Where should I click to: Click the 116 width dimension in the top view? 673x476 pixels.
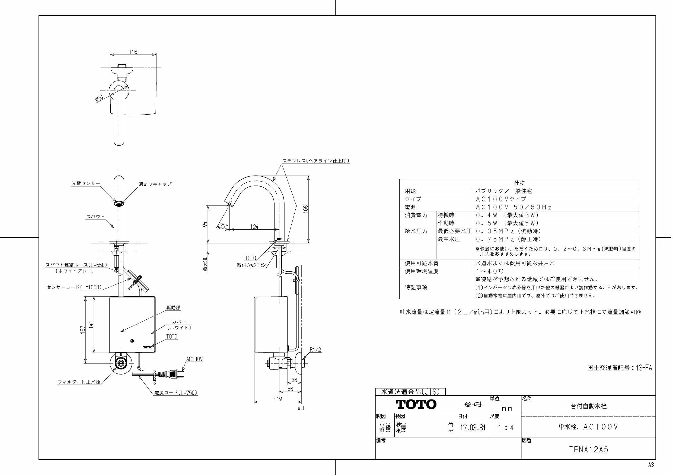point(133,52)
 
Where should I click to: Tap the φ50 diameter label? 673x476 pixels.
point(99,98)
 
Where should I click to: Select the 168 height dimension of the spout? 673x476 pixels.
point(306,209)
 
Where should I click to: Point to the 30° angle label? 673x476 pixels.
point(223,226)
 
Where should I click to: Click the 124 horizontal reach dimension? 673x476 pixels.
point(254,227)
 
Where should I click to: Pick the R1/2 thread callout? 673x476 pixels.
point(315,350)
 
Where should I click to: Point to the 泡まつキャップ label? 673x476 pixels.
point(155,184)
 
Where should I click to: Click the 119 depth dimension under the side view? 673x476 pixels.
point(278,399)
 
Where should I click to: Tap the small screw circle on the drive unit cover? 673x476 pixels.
point(132,341)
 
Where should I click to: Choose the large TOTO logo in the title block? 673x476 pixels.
point(416,404)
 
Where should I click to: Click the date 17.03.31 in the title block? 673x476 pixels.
point(473,428)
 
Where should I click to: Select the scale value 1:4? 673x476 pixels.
point(506,428)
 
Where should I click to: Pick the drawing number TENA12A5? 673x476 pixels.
point(589,450)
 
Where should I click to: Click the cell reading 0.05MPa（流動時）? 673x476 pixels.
point(508,231)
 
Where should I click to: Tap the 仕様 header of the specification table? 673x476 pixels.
point(519,183)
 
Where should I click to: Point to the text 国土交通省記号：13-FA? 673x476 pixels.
point(620,367)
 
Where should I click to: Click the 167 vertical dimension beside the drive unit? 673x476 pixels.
point(83,329)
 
